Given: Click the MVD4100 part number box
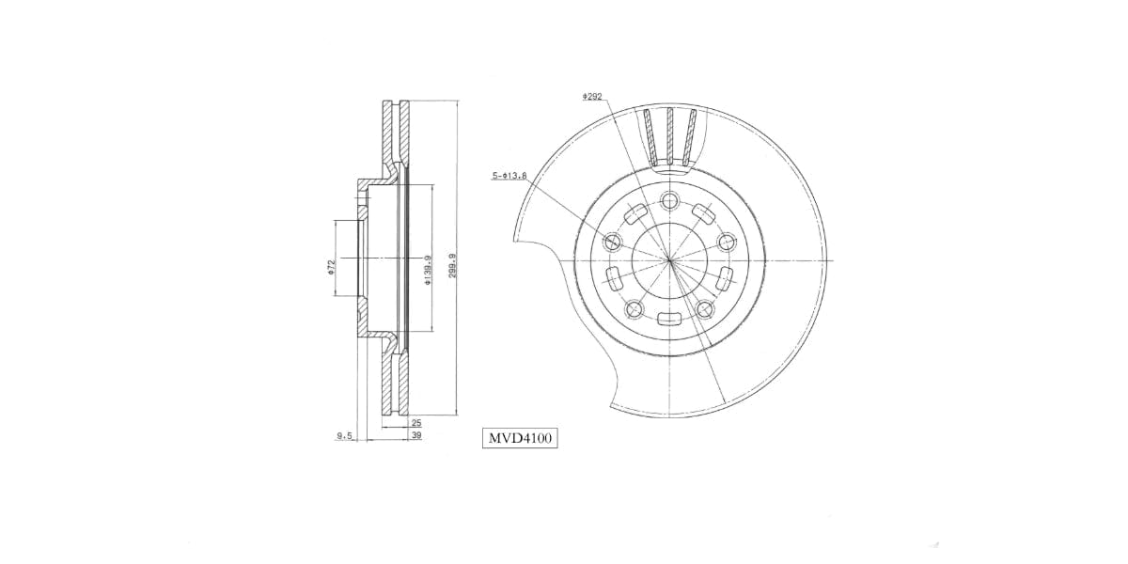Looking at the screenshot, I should (520, 437).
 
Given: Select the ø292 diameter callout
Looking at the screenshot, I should (592, 96).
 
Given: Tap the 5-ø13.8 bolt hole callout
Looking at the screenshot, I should (509, 176).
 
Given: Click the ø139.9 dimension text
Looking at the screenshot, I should (427, 269).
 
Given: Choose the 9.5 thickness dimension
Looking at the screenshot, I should (344, 435).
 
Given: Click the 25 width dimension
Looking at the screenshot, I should (415, 423).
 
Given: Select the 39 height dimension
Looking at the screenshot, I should (415, 435).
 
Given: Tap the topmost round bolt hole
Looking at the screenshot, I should (669, 200).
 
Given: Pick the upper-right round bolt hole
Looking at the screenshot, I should (726, 242).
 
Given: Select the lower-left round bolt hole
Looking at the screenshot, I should (634, 307).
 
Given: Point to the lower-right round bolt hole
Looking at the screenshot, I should (705, 307).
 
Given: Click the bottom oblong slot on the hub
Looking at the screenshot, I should (669, 320).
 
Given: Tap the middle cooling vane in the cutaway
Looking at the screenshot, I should (669, 132).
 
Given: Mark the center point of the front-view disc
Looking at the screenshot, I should (669, 260).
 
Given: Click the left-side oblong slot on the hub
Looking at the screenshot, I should (613, 279).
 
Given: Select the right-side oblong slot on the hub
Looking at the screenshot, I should (726, 278).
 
